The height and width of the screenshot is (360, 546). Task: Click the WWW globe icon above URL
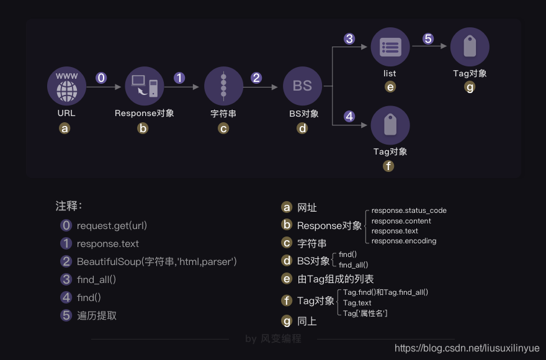[x=66, y=86]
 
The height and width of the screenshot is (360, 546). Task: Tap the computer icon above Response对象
[x=145, y=86]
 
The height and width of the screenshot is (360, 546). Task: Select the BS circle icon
[x=302, y=86]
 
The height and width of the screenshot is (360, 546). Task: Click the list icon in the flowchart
[x=390, y=47]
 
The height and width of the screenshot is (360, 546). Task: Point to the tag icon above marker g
[x=470, y=47]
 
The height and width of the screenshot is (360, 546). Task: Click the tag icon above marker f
[x=390, y=125]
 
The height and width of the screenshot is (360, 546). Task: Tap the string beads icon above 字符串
[x=223, y=86]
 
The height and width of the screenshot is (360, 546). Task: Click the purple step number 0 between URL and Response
[x=101, y=78]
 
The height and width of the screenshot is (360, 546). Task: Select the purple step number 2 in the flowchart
[x=256, y=78]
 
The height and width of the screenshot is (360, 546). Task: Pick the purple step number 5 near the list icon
[x=428, y=38]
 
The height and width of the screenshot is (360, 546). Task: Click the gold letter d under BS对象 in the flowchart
[x=302, y=128]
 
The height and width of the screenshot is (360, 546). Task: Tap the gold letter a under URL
[x=65, y=128]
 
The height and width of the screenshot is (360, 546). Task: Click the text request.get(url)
[x=112, y=225]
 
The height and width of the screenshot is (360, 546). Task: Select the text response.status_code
[x=409, y=210]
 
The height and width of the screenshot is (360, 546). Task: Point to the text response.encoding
[x=404, y=241]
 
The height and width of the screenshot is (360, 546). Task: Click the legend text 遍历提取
[x=97, y=315]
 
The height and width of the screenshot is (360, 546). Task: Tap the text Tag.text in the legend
[x=357, y=303]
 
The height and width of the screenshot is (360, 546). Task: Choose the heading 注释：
[x=69, y=205]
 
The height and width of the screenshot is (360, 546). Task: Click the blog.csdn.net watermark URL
[x=467, y=349]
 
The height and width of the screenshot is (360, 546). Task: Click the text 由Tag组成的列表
[x=336, y=279]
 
